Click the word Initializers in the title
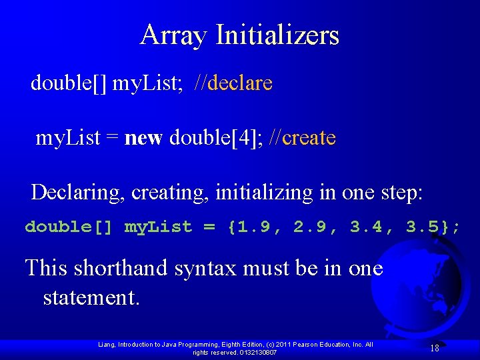coord(277,35)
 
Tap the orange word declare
coord(240,83)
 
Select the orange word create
coord(309,138)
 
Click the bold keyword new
coord(144,138)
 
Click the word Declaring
coord(79,193)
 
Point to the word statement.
coord(91,297)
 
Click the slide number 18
coord(434,348)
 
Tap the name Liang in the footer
coord(106,345)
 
